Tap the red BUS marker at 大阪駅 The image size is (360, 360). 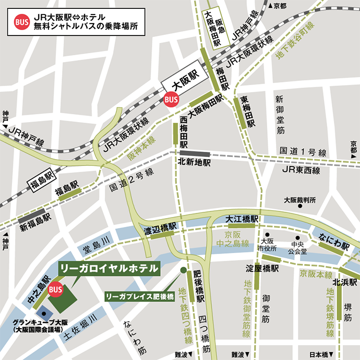pos(171,98)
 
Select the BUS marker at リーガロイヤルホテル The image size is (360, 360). pos(55,289)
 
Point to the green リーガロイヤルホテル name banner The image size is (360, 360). pos(109,268)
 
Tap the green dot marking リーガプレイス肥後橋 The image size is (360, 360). pos(183,270)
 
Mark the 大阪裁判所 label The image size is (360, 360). pos(299,200)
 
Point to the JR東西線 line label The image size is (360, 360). pos(301,170)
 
